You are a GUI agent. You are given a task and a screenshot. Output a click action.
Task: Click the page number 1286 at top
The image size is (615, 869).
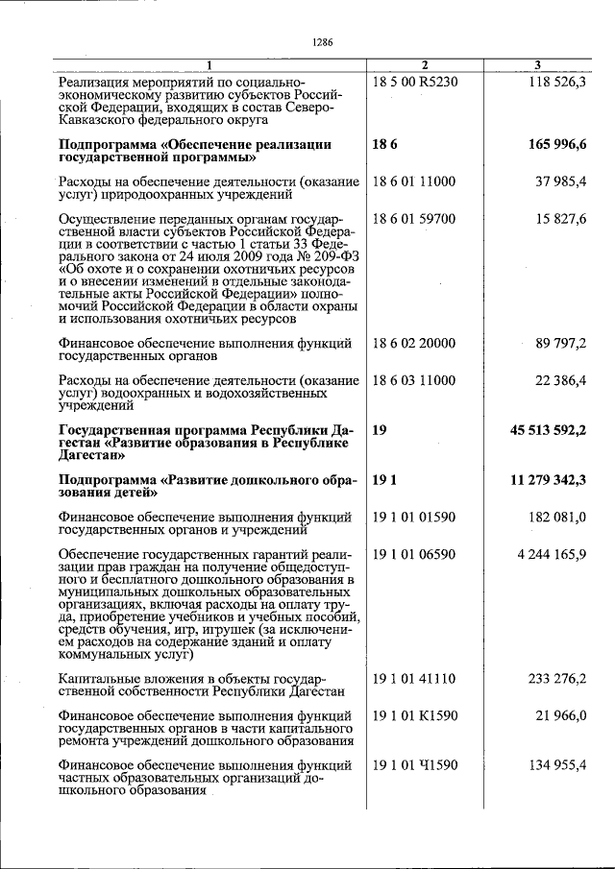point(322,42)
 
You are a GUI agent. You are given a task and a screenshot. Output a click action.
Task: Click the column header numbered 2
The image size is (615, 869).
point(424,64)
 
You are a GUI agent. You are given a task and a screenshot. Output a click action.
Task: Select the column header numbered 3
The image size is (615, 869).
point(537,64)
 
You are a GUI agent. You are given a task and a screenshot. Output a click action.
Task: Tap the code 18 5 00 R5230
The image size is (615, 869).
point(415,82)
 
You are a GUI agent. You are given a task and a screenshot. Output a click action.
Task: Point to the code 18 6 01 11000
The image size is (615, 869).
point(413,181)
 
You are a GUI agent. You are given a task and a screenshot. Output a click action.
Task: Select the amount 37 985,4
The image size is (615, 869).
point(561,181)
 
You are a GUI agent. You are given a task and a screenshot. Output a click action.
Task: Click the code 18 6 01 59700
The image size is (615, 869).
point(413,219)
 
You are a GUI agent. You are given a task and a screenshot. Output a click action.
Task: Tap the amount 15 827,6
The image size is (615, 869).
point(561,219)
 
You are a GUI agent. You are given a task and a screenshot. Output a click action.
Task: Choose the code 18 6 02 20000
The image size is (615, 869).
point(413,343)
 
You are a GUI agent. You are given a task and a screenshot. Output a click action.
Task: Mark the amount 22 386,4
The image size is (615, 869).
point(561,381)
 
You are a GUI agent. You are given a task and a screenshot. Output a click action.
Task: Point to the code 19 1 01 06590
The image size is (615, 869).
point(413,555)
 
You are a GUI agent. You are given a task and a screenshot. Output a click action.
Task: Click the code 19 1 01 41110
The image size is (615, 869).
point(413,679)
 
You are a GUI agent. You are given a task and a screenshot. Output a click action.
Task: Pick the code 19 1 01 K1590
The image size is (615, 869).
point(414,715)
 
